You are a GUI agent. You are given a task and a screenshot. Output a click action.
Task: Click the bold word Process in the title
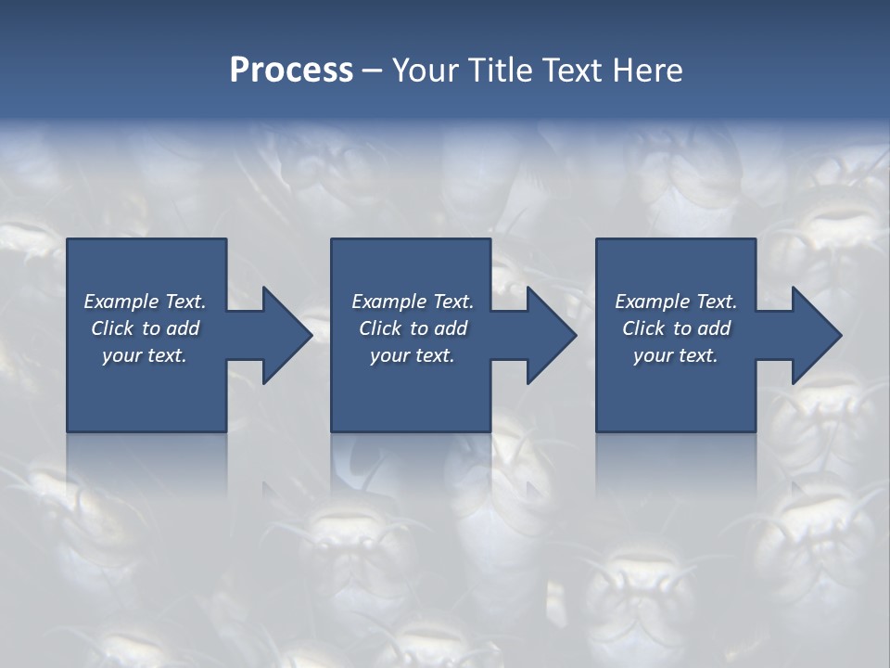[291, 71]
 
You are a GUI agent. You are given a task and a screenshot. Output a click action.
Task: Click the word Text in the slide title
[573, 71]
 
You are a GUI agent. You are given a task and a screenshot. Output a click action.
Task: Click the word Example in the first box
[121, 302]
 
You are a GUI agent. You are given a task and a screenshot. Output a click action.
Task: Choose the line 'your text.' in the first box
[145, 355]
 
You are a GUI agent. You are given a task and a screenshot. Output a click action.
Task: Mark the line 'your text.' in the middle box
[413, 355]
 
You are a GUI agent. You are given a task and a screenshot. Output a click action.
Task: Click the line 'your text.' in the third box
[676, 355]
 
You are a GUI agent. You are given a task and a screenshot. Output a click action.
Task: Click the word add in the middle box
[451, 328]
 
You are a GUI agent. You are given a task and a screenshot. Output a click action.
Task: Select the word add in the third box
[714, 328]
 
